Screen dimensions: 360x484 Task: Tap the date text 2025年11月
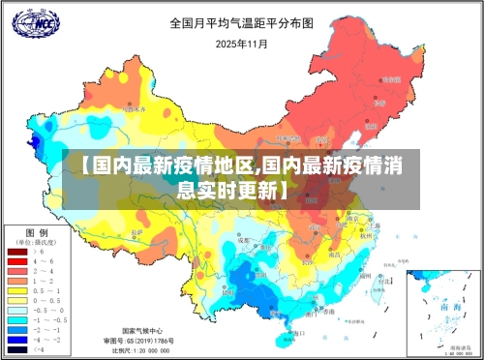click(241, 44)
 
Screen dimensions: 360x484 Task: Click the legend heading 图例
click(37, 232)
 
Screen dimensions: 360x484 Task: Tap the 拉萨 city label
click(136, 232)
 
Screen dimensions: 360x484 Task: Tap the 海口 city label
click(297, 332)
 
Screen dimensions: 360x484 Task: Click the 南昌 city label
click(335, 255)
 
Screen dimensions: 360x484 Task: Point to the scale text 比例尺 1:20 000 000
click(136, 351)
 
